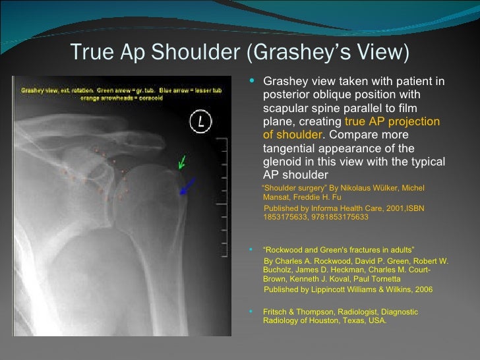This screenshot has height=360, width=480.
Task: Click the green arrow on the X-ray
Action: (x=182, y=162)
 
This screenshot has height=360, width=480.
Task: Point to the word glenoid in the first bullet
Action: (x=282, y=162)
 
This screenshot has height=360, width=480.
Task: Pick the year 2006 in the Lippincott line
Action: (x=420, y=289)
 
